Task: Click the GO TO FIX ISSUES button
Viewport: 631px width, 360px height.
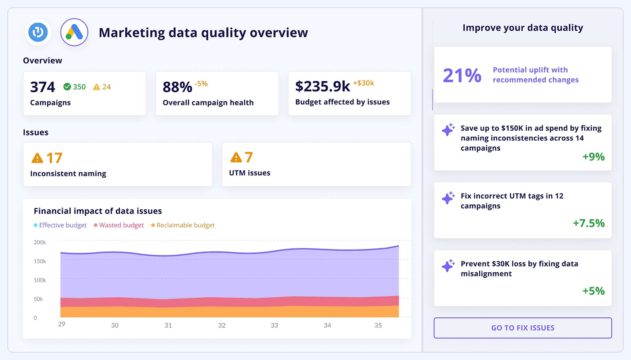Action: pos(523,328)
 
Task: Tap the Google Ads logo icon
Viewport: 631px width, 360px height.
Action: pos(74,32)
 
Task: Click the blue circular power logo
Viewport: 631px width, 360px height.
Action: pos(38,32)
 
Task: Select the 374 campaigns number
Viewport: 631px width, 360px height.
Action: pos(42,87)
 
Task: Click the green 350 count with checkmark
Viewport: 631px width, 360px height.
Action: pos(75,87)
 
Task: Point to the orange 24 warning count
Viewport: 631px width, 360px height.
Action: pos(102,87)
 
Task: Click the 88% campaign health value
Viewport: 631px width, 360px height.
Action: pos(177,87)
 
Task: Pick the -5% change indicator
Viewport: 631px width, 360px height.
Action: pos(201,84)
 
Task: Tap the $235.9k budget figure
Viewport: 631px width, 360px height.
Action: pos(322,86)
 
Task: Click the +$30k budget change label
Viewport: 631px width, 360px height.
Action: pos(363,83)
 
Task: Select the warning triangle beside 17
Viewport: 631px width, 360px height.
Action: pos(37,158)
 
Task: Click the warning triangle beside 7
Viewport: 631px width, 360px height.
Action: pos(236,157)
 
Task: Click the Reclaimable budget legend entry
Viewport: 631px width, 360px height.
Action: pos(183,225)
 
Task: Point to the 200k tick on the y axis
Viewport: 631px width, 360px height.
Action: pos(40,242)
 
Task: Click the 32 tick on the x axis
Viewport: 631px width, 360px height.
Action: pos(222,325)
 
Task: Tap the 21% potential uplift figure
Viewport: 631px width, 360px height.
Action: pos(462,75)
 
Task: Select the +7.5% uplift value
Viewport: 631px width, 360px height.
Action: pos(589,223)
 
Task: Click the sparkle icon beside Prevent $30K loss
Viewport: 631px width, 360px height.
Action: pos(448,266)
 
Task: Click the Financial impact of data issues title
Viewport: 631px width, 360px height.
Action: pos(97,211)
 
